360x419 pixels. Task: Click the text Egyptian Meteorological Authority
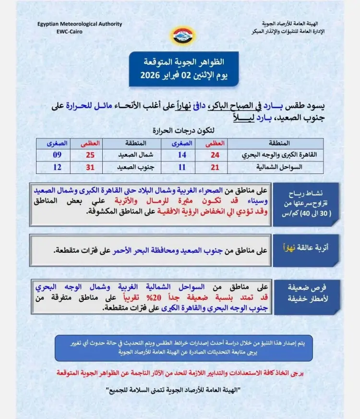[x=79, y=24]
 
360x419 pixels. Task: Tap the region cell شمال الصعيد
[x=132, y=155]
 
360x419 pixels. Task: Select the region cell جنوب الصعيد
[x=132, y=168]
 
